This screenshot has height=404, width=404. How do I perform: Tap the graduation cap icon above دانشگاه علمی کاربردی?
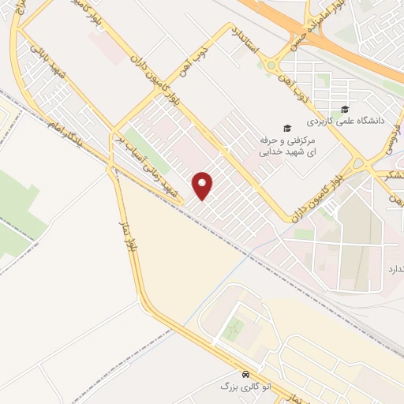(x=344, y=109)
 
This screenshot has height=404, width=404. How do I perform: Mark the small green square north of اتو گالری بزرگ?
(x=232, y=331)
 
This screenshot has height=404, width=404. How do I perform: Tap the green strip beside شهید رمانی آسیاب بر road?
(x=139, y=146)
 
